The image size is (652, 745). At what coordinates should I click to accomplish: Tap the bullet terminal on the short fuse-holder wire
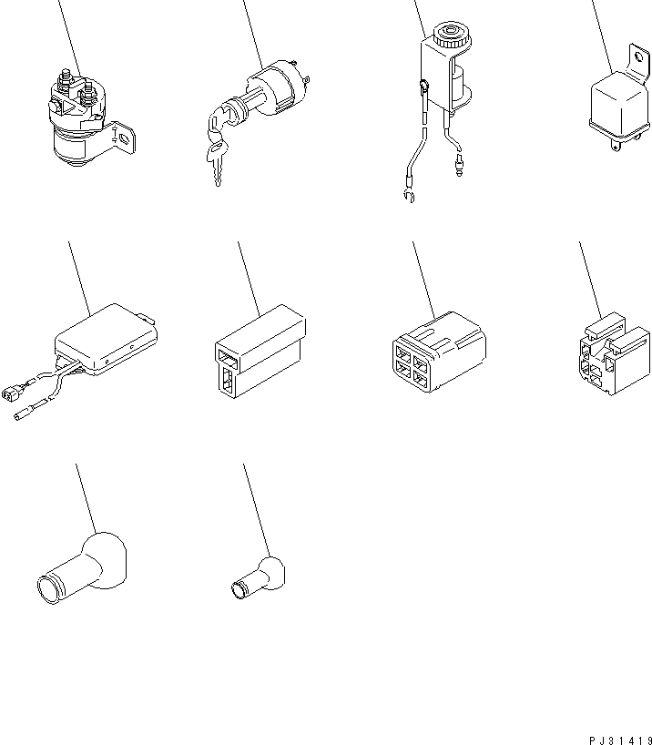click(x=459, y=165)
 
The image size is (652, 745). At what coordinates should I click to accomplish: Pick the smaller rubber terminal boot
click(x=258, y=578)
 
